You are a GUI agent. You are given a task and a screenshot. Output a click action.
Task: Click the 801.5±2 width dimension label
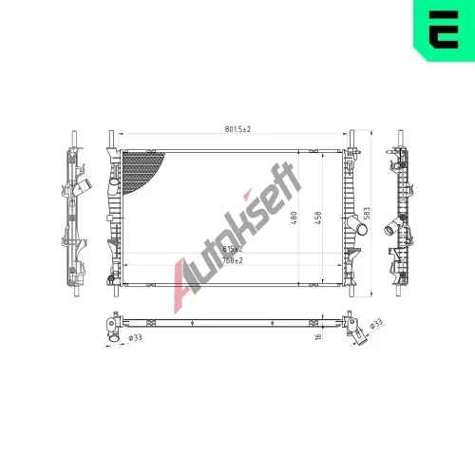point(237,129)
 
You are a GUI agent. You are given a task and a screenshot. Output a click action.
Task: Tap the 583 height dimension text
point(367,213)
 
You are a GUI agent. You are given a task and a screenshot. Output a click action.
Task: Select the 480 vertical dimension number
point(294,218)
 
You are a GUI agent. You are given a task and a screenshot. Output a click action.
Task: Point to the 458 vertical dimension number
point(318,218)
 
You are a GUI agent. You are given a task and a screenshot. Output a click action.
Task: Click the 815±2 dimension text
point(233,249)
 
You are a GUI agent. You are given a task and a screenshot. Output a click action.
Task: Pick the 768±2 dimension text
point(233,260)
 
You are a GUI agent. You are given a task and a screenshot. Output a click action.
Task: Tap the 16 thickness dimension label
point(318,336)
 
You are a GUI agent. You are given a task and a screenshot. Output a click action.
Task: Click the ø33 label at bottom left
point(135,337)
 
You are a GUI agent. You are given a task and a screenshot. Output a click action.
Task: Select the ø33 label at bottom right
point(376,324)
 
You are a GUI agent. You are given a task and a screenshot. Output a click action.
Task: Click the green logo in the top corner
point(444,30)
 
